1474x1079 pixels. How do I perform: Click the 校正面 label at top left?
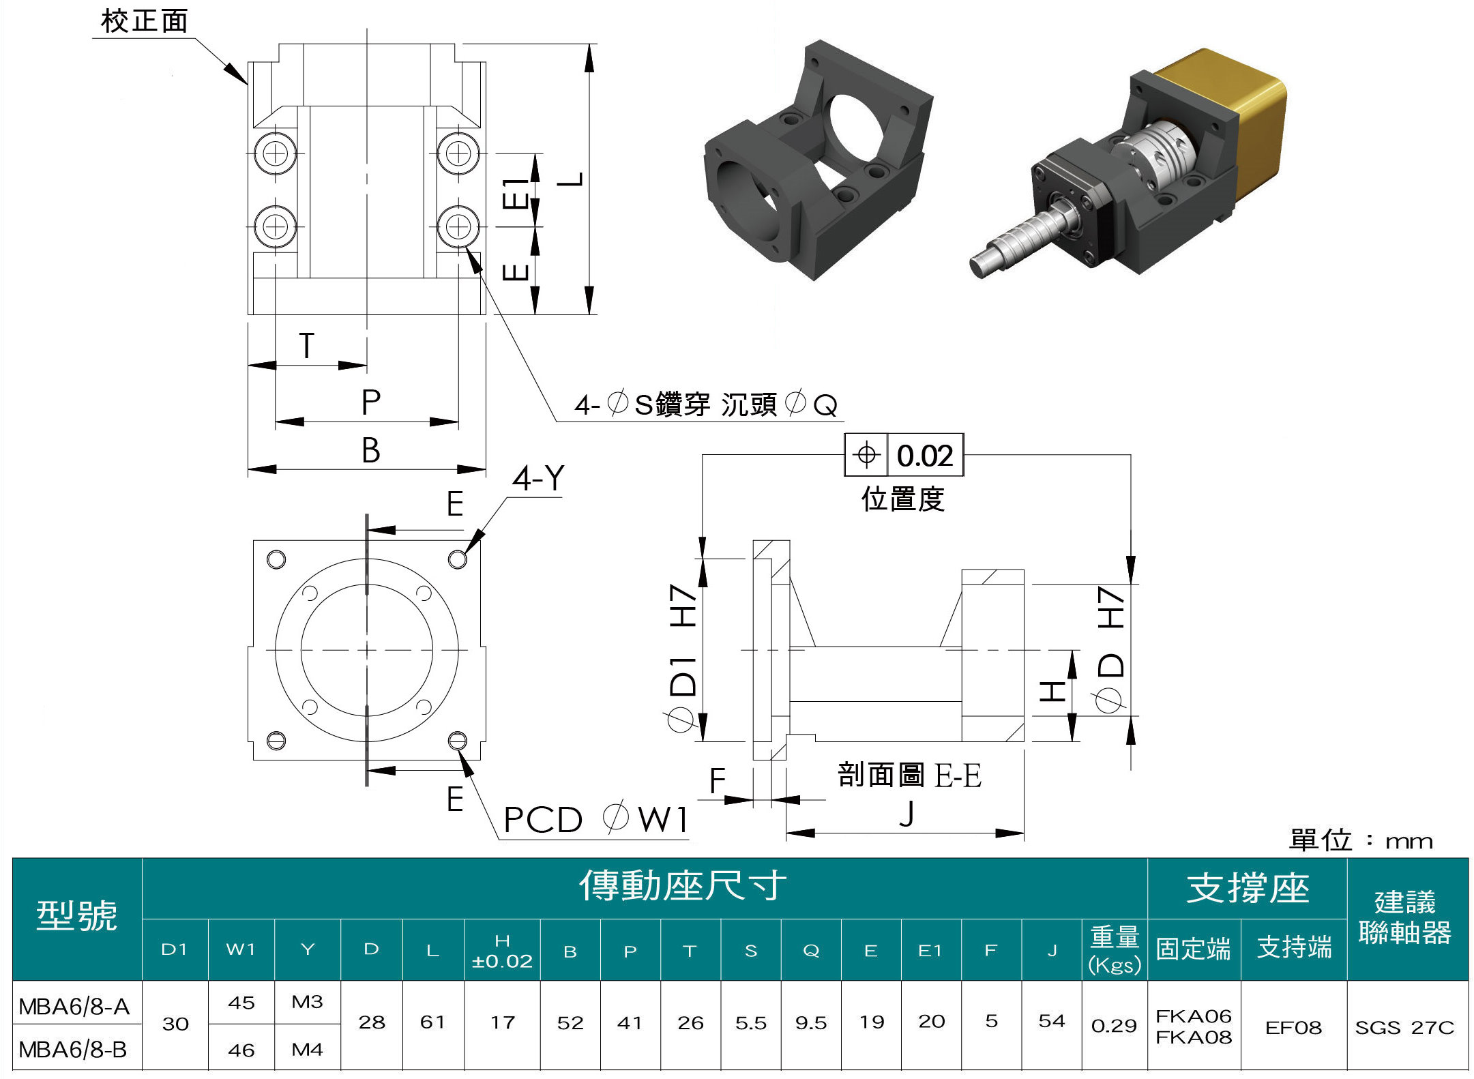click(x=144, y=21)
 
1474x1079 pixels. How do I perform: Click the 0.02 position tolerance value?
click(x=924, y=456)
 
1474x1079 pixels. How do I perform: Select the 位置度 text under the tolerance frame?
click(x=902, y=499)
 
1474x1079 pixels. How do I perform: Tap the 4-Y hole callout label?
click(x=538, y=478)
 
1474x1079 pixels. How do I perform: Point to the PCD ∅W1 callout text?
click(x=595, y=819)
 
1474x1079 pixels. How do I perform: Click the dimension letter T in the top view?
click(x=307, y=346)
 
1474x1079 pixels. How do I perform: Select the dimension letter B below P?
click(x=370, y=450)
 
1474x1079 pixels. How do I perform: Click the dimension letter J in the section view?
click(x=906, y=814)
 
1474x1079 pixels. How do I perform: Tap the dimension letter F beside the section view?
click(x=717, y=780)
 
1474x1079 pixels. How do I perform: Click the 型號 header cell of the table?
click(x=76, y=916)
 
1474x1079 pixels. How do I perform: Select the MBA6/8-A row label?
click(x=74, y=1006)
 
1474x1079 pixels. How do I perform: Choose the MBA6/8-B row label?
click(x=73, y=1050)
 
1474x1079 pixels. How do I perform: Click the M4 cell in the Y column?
click(x=307, y=1050)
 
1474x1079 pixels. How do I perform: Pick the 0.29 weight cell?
click(x=1114, y=1026)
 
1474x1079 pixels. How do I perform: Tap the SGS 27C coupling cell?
click(x=1404, y=1027)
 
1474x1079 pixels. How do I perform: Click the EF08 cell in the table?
click(x=1293, y=1027)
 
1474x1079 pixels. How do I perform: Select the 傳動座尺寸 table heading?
click(x=682, y=886)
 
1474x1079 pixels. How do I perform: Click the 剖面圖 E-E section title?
click(x=909, y=775)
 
